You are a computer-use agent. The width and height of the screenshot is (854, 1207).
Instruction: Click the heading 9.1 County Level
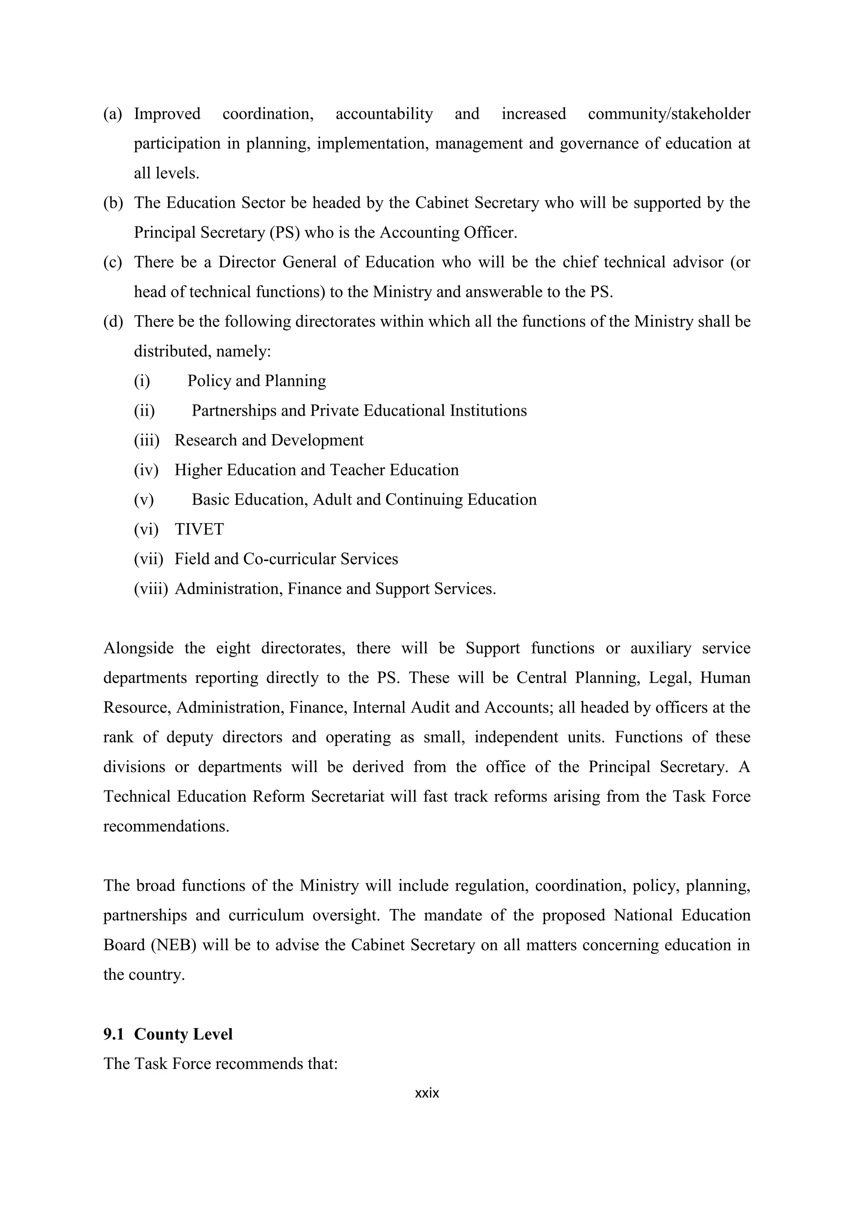coord(168,1034)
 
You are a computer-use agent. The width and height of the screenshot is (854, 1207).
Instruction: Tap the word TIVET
coord(199,529)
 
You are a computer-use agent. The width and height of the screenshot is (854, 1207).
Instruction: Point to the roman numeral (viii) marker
coord(151,589)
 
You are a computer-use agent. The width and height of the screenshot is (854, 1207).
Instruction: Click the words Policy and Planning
coord(256,381)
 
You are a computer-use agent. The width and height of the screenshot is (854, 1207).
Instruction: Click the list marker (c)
coord(113,262)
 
